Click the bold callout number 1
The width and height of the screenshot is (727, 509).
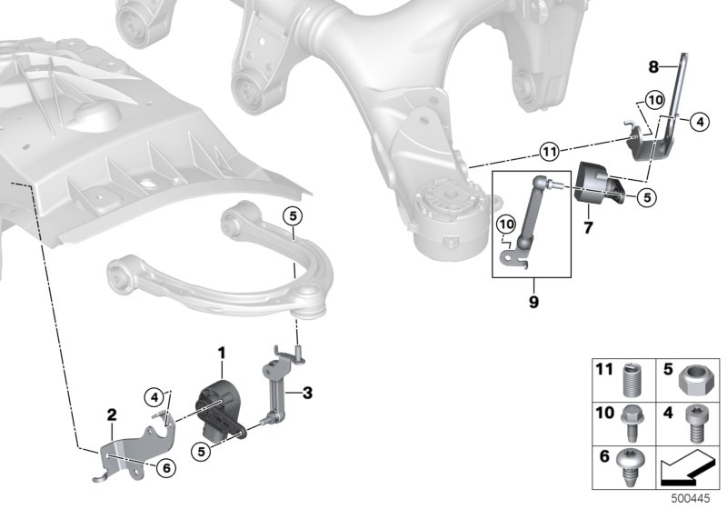pyautogui.click(x=222, y=354)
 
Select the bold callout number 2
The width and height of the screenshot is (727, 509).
pyautogui.click(x=112, y=414)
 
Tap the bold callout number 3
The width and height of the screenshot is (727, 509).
pyautogui.click(x=307, y=393)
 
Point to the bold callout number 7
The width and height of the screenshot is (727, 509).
pyautogui.click(x=588, y=227)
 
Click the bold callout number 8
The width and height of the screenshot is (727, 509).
pyautogui.click(x=653, y=67)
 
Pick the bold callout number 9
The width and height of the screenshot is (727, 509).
pyautogui.click(x=533, y=303)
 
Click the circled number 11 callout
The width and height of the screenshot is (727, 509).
pyautogui.click(x=550, y=152)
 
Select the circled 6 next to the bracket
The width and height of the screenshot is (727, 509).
pyautogui.click(x=166, y=469)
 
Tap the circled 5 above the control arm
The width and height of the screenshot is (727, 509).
pyautogui.click(x=293, y=215)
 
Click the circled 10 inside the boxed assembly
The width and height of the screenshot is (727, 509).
pyautogui.click(x=506, y=225)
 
